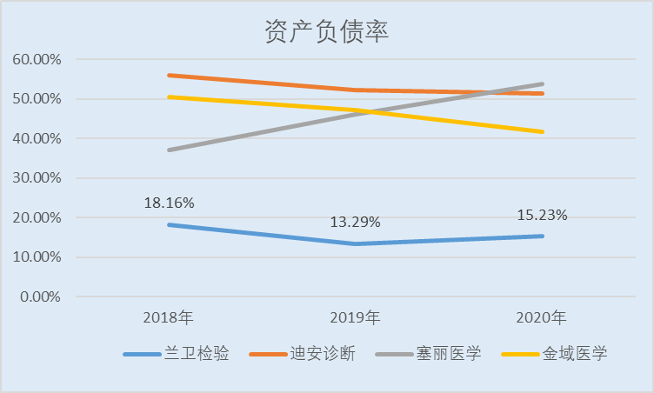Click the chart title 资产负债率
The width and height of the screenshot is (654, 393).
click(326, 31)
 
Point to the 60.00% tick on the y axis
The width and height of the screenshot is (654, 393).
click(37, 60)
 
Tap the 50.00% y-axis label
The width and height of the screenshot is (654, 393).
click(37, 99)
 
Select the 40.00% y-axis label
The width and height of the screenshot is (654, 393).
click(37, 138)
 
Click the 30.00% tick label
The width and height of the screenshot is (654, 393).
click(37, 178)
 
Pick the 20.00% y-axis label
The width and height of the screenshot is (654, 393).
click(37, 217)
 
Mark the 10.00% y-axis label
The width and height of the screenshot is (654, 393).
click(37, 257)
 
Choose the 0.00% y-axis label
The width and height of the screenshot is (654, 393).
click(40, 296)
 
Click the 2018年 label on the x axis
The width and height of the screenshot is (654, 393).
click(168, 316)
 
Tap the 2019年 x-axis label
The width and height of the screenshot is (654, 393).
click(356, 316)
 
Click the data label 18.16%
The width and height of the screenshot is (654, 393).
click(169, 203)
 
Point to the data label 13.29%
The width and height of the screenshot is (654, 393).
click(355, 222)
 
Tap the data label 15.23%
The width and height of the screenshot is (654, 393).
click(542, 214)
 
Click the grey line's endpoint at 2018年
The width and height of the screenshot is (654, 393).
click(169, 150)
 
